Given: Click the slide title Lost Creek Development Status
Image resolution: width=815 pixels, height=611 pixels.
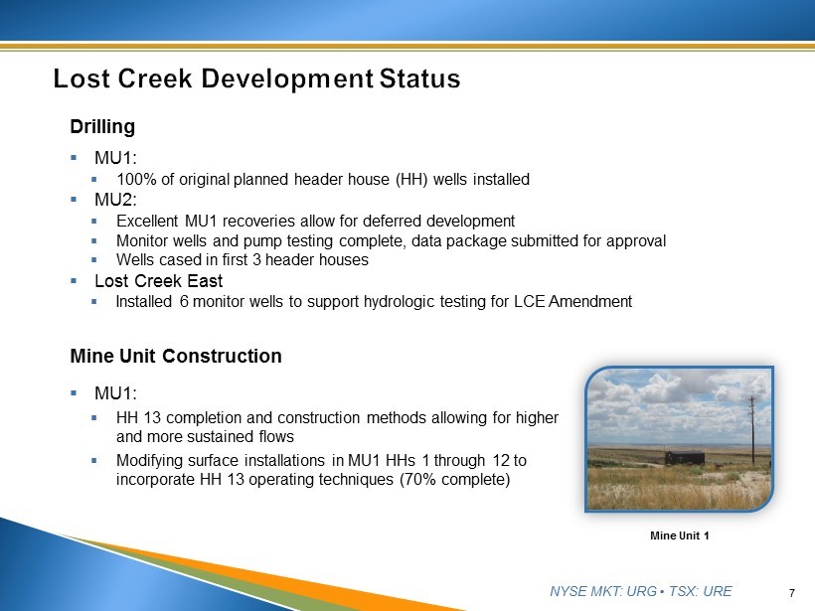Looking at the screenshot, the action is (x=256, y=78).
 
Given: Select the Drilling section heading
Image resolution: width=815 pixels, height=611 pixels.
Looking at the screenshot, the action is (x=102, y=127).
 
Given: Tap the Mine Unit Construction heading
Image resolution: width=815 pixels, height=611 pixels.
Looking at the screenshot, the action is (x=176, y=356).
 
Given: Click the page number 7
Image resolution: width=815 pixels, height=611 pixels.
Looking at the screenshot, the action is (x=791, y=593).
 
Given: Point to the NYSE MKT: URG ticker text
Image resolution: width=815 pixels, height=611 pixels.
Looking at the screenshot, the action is (x=603, y=591).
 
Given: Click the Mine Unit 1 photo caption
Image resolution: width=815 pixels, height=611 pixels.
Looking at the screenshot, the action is (x=680, y=535).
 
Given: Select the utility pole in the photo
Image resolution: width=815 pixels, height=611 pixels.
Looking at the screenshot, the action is (x=751, y=429).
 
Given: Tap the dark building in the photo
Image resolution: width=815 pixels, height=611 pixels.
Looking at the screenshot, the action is (x=685, y=458).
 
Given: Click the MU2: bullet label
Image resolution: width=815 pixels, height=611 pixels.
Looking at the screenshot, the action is (x=115, y=200).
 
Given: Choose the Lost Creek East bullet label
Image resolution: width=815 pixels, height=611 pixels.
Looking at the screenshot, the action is (x=159, y=281).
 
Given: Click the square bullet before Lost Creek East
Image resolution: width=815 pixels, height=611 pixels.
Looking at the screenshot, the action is (x=74, y=281).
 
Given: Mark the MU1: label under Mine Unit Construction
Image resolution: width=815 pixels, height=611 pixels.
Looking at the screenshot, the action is (x=115, y=393).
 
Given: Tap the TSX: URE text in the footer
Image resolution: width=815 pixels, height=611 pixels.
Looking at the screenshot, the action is (x=700, y=591).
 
